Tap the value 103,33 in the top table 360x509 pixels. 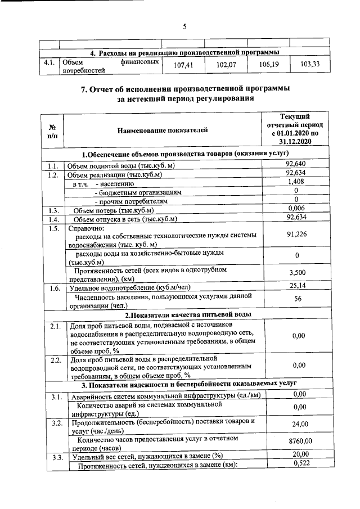click(x=310, y=65)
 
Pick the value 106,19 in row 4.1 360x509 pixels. click(x=268, y=65)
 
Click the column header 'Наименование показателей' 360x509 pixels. click(x=163, y=130)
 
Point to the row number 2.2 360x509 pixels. click(x=54, y=359)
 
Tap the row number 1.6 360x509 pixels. click(x=54, y=288)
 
